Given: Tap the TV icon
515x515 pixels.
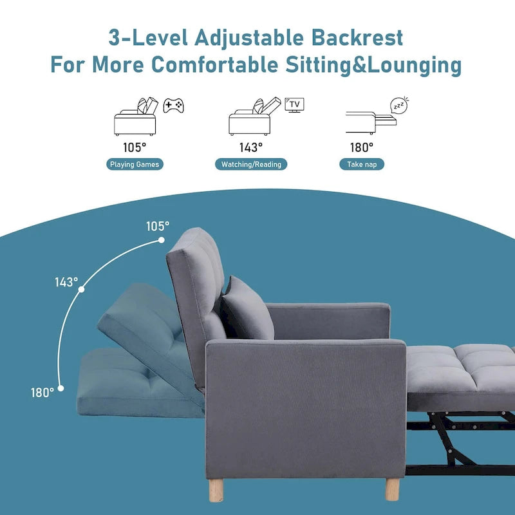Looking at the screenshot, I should click(295, 105).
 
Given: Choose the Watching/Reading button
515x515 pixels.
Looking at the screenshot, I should click(251, 164).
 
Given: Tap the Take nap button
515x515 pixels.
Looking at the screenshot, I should click(362, 164).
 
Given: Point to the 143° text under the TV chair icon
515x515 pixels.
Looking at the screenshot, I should click(251, 147).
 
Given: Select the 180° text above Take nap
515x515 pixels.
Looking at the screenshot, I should click(361, 147).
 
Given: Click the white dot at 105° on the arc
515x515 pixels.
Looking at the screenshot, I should click(160, 241).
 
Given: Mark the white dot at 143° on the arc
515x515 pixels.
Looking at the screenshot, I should click(81, 290).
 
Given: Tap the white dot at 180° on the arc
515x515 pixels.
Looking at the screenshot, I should click(61, 388).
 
